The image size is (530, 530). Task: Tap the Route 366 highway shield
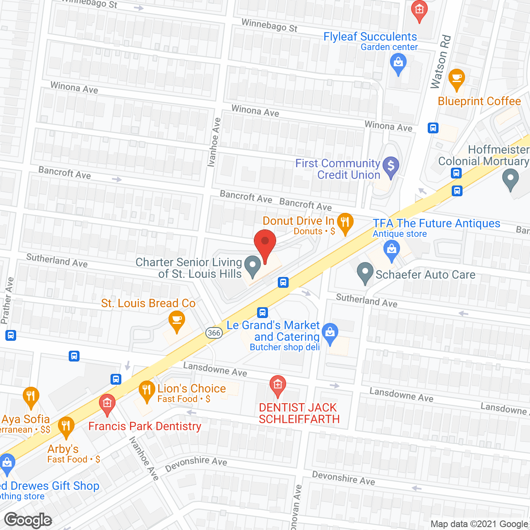click(214, 333)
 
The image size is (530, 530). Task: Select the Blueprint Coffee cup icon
click(456, 78)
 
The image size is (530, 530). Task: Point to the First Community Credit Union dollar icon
click(390, 166)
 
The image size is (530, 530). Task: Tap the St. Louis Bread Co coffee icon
click(177, 320)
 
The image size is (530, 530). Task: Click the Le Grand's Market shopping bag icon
click(330, 333)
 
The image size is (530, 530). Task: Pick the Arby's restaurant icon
click(66, 426)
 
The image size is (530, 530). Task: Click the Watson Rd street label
click(441, 62)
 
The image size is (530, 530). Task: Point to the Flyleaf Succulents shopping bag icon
click(398, 63)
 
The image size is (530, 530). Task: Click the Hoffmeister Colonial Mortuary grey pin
click(510, 179)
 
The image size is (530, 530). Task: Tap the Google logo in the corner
click(28, 520)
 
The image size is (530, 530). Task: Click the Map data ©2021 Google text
click(479, 524)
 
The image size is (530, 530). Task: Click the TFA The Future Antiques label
click(436, 224)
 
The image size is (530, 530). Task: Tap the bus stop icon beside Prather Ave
click(11, 335)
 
